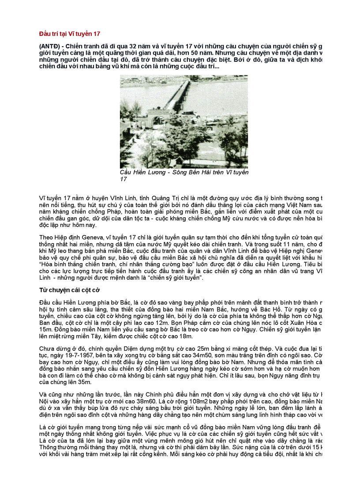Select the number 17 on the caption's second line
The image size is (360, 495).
tap(124, 179)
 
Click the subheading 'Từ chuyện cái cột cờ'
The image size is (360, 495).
tap(70, 291)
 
